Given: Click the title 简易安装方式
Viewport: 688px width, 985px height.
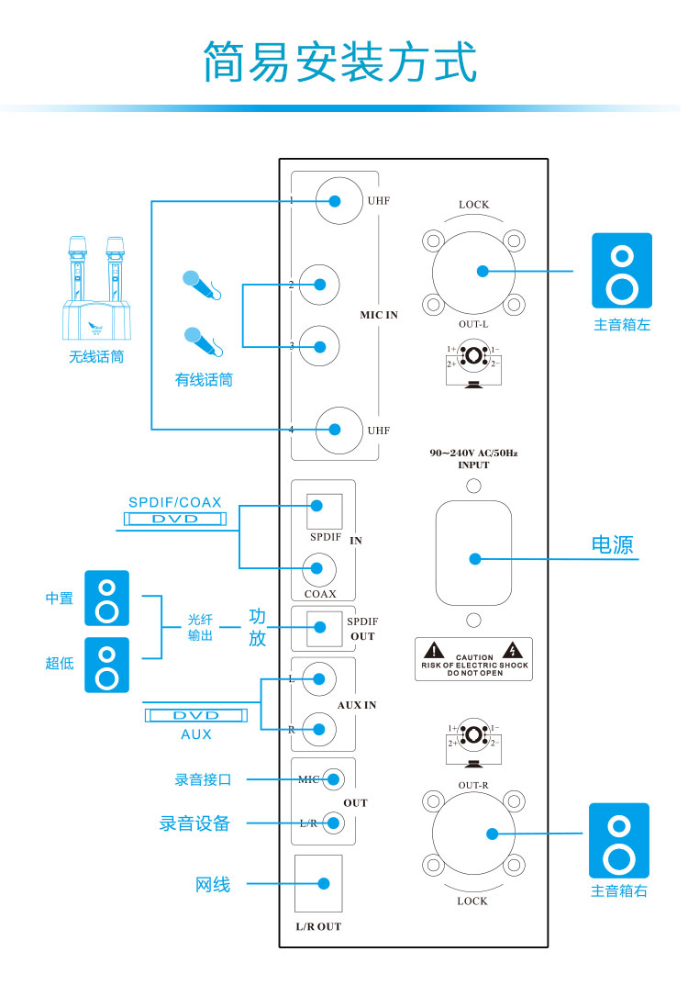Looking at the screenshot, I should (340, 62).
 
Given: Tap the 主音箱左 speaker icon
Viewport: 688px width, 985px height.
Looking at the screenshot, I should (621, 271).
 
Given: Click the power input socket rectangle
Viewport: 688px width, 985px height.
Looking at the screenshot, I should (473, 554).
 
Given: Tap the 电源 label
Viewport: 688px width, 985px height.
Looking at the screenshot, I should (612, 544).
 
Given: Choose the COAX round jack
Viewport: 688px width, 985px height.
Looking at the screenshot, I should (320, 567).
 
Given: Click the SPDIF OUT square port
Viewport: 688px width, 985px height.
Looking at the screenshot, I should (320, 628).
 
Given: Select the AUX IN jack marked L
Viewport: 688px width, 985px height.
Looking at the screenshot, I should (320, 679).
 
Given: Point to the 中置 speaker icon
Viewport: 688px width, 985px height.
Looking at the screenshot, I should (107, 599).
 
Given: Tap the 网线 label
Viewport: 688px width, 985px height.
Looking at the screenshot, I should (213, 885).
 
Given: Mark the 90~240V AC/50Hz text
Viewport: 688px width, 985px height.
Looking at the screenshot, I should (473, 453).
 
